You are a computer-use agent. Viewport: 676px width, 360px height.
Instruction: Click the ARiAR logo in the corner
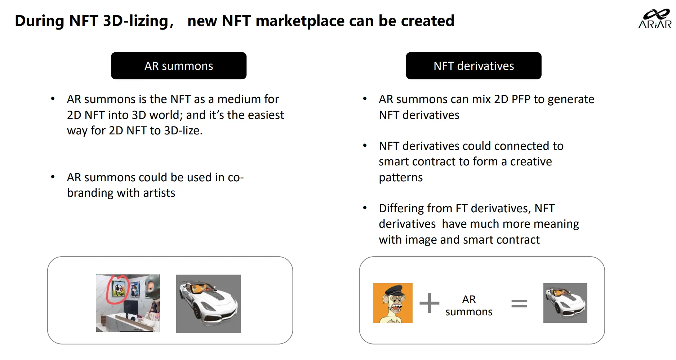655,19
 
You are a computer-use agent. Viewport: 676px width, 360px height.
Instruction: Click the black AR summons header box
179,66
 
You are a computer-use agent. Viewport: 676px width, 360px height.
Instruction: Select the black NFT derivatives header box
473,66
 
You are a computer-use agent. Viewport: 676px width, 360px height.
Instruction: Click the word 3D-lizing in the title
135,21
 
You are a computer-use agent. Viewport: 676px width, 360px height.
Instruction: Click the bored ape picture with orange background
393,303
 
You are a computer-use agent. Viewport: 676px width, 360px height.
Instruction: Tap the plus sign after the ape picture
429,303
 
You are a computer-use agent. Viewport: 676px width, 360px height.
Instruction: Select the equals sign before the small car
519,303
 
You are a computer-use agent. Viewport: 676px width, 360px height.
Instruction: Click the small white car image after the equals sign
565,303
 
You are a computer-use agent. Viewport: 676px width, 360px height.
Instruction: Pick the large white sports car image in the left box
208,304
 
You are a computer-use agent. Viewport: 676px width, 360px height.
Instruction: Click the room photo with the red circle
128,303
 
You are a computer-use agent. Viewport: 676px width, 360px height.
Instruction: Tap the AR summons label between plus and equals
469,305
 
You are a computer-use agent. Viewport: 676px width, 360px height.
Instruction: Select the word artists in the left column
159,193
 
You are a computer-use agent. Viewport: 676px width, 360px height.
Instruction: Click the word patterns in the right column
401,178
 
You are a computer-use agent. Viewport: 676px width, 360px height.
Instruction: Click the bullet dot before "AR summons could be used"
53,177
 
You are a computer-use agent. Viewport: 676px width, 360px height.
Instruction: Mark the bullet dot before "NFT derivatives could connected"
365,145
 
